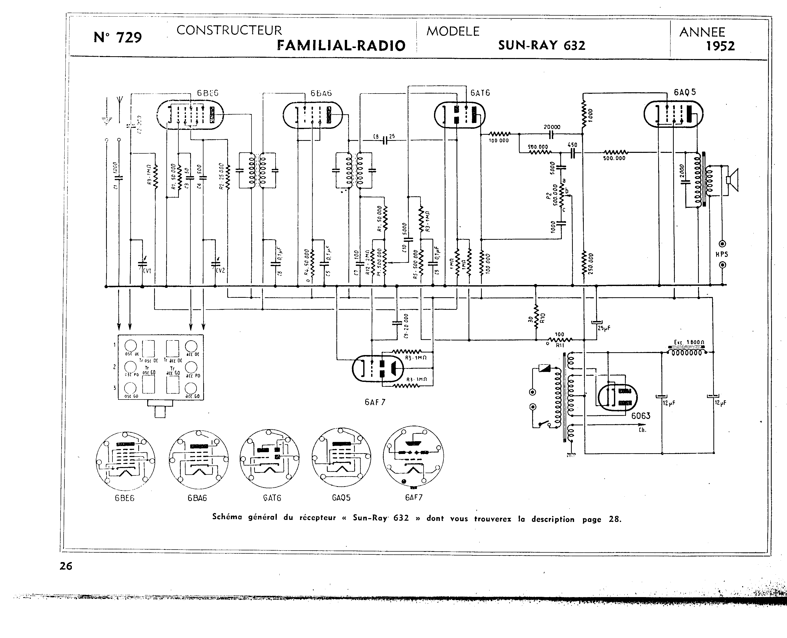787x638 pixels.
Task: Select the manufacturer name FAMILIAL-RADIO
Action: pos(341,45)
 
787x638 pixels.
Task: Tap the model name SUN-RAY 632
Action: pos(542,45)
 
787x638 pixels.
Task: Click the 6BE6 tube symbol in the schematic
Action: pos(190,114)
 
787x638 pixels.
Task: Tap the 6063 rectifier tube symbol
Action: pos(617,397)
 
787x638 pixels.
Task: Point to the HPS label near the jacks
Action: pos(722,254)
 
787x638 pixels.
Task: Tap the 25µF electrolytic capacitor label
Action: pos(604,328)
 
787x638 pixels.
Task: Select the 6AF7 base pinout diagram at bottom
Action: pos(413,456)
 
